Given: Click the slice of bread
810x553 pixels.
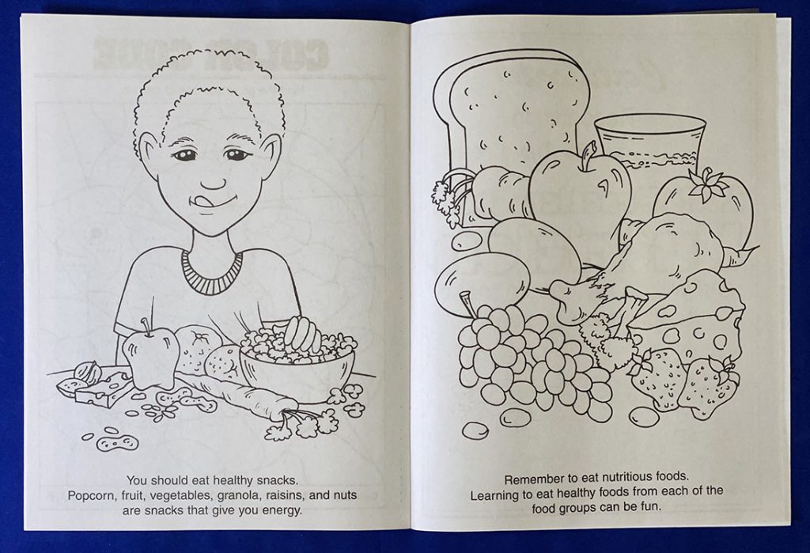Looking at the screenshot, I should pos(514,103).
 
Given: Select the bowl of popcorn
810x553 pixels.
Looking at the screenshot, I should pos(297,364).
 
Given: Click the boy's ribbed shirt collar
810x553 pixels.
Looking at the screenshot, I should pos(211,273).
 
